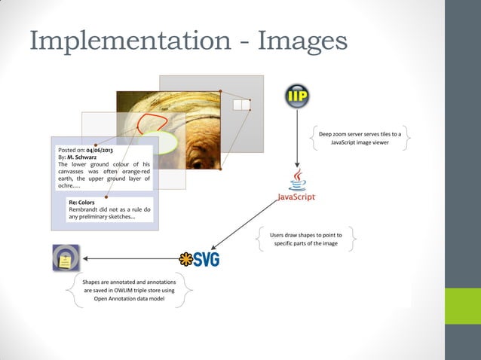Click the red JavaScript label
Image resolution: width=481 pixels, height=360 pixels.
[297, 197]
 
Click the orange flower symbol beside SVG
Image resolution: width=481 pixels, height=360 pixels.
[185, 259]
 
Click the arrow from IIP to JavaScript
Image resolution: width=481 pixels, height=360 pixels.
[298, 139]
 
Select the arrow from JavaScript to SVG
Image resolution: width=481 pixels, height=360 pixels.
[249, 227]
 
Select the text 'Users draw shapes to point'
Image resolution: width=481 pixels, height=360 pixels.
[306, 235]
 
